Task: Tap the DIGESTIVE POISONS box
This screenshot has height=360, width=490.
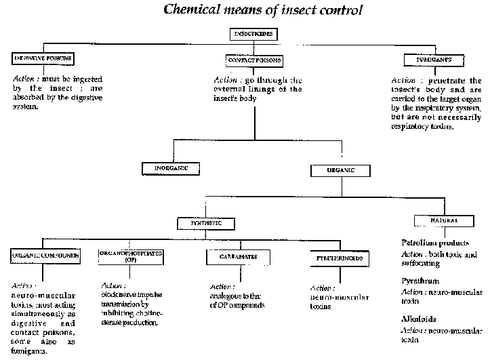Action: pyautogui.click(x=43, y=60)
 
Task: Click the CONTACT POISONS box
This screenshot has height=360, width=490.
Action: pyautogui.click(x=254, y=60)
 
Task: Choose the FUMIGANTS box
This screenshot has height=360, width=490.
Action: pyautogui.click(x=434, y=60)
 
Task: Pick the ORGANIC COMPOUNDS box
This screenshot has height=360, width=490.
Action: pyautogui.click(x=45, y=256)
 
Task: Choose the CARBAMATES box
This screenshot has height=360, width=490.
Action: pyautogui.click(x=237, y=257)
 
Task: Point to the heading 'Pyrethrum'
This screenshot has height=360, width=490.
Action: pyautogui.click(x=420, y=280)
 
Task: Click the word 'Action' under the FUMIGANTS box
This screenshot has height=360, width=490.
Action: pyautogui.click(x=403, y=80)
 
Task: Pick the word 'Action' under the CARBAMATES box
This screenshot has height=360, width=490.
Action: pyautogui.click(x=222, y=287)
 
